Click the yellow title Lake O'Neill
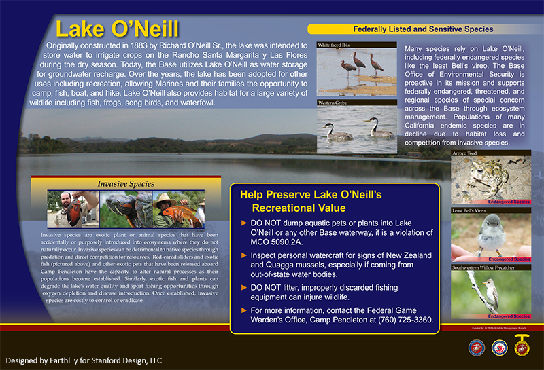click(117, 29)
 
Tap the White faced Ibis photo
click(357, 71)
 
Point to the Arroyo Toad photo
click(491, 180)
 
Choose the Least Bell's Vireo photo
click(491, 238)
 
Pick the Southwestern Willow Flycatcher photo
click(491, 295)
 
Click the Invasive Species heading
click(126, 183)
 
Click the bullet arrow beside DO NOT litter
click(244, 287)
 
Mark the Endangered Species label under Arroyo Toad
click(509, 202)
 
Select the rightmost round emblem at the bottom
click(522, 348)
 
